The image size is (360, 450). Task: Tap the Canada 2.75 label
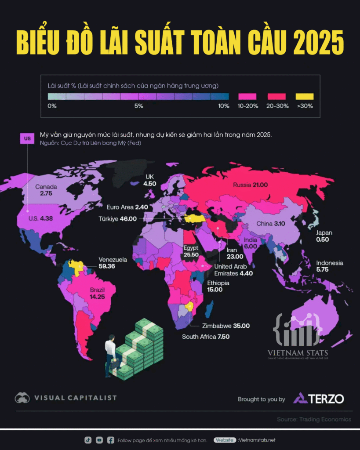(x=46, y=190)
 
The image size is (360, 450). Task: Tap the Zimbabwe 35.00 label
(x=226, y=326)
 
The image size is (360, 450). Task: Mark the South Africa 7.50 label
(x=206, y=337)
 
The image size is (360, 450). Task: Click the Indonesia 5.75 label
(x=330, y=267)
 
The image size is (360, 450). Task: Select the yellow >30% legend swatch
(x=305, y=96)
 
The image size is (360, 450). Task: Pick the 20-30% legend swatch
(x=276, y=96)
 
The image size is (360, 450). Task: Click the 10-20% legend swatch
(x=248, y=96)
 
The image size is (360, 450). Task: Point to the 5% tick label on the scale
(x=138, y=106)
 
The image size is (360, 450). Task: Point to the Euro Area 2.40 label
(x=127, y=207)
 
